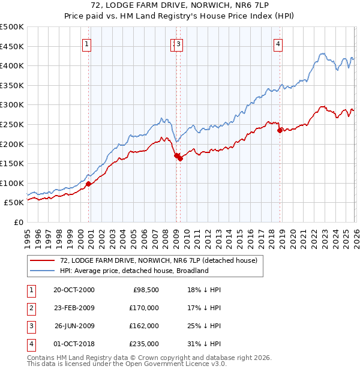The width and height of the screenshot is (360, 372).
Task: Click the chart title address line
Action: coord(181,7)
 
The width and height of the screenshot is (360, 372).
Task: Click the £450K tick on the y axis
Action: coord(12,46)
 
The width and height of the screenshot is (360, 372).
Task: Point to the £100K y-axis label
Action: coord(12,183)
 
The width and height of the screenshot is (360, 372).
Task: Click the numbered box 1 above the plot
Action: coord(87,43)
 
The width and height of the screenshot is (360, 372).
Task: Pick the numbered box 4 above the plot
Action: coord(278,43)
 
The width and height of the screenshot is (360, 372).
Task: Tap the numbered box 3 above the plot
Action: coord(179,43)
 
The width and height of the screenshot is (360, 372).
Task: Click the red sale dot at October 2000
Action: coord(88,184)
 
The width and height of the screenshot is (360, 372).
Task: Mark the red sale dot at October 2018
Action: coord(279,130)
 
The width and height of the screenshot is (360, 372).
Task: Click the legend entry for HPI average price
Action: coord(134,271)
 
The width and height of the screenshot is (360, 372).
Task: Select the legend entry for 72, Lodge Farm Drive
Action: coord(158,260)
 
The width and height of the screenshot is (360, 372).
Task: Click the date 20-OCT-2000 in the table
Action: coord(74,290)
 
